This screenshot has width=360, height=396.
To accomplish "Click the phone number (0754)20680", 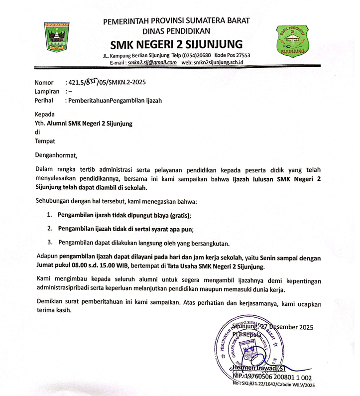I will click(198, 55).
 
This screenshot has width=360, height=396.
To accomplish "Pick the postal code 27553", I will click(241, 55).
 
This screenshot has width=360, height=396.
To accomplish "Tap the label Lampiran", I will click(47, 91).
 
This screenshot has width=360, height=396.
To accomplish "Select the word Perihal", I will click(44, 100).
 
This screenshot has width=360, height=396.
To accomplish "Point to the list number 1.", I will click(49, 214).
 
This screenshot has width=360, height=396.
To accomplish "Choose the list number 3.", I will click(49, 243).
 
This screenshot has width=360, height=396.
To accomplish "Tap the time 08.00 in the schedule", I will click(90, 267).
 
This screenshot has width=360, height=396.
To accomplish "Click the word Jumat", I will click(46, 267).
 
